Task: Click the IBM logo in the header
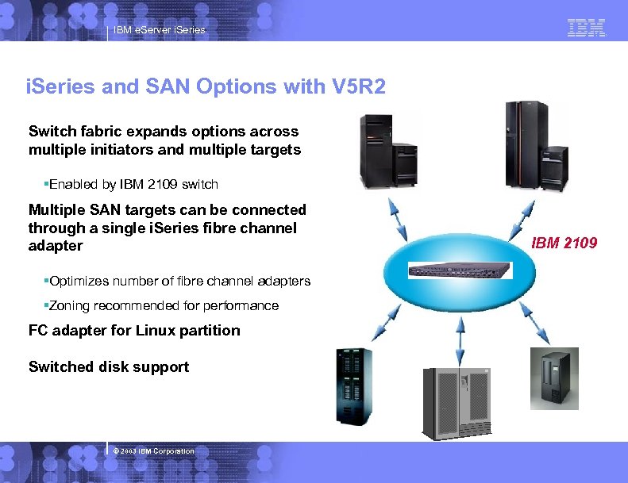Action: tap(587, 29)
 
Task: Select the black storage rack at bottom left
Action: tap(353, 387)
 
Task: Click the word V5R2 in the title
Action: tap(355, 86)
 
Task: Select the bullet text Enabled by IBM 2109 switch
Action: tap(133, 185)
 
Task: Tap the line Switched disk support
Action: tap(109, 366)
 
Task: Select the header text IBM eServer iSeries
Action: tap(159, 30)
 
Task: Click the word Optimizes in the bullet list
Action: tap(78, 282)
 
